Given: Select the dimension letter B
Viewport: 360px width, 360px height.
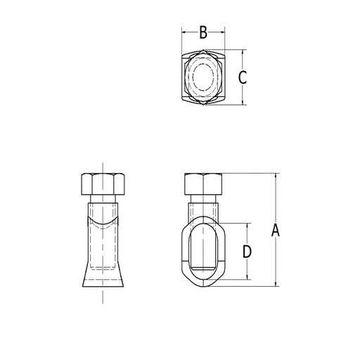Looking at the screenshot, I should tap(203, 32).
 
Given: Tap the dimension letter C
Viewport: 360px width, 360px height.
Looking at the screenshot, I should tap(242, 77).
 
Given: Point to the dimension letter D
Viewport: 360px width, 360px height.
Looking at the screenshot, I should tap(247, 252).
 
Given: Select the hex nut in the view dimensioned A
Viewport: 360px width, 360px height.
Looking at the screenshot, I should tap(203, 184).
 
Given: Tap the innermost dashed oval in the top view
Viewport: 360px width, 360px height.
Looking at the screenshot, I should tap(203, 78).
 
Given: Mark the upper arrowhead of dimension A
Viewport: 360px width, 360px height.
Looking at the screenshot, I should tap(276, 175).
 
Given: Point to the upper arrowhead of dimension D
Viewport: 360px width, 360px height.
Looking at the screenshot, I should tap(247, 225).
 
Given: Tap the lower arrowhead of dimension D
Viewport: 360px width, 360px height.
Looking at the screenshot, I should tap(247, 278).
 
